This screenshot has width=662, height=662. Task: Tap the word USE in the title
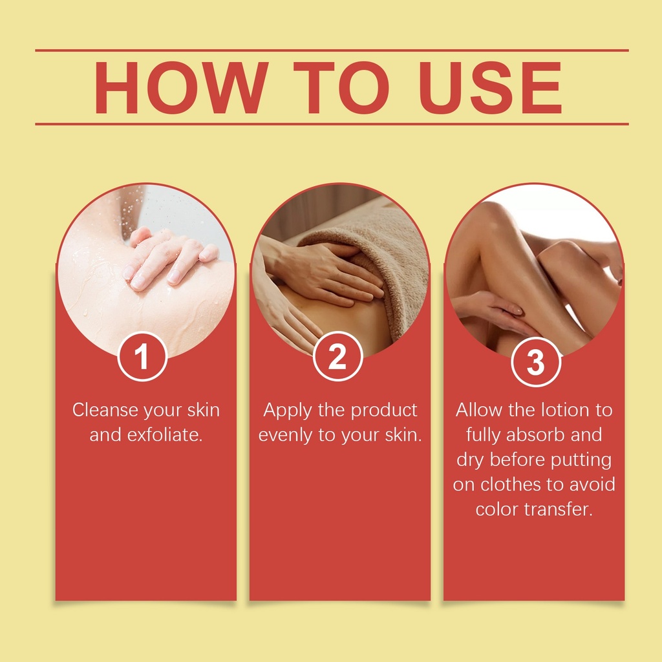tap(491, 88)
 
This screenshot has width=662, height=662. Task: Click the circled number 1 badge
tap(142, 357)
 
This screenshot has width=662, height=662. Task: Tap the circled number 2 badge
tap(337, 357)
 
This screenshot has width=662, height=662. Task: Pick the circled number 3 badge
tap(536, 362)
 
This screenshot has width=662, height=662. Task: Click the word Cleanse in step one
tap(105, 410)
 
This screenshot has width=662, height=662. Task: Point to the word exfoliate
tap(165, 435)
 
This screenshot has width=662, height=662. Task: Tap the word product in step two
tap(384, 411)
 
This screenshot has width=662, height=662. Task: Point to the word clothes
tap(511, 484)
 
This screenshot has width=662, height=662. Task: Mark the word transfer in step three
tap(559, 509)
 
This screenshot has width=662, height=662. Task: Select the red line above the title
tap(332, 50)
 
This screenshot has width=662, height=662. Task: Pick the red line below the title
tap(332, 124)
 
